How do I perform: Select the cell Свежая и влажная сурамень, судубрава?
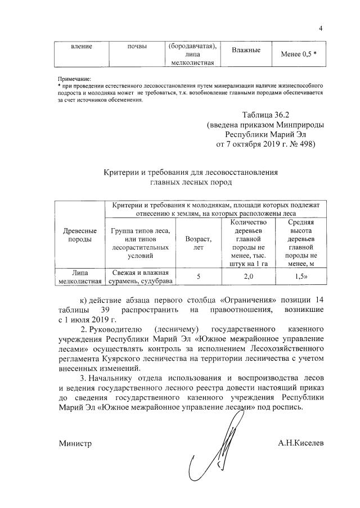tap(141, 277)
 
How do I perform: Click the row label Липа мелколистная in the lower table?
tap(80, 277)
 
